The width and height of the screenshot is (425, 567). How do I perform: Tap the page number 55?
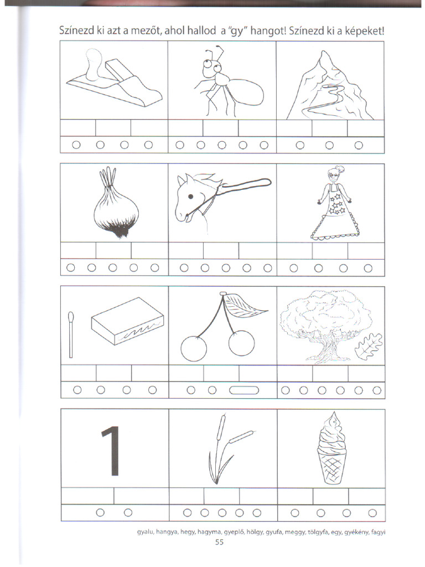tap(219, 543)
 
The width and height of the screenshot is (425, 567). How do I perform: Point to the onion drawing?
tap(115, 208)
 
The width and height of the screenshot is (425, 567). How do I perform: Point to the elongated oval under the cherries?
tap(240, 390)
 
